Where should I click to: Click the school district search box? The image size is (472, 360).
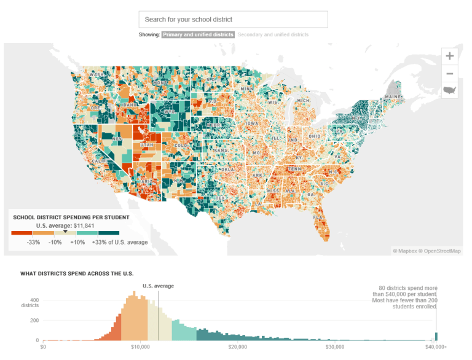coord(233,19)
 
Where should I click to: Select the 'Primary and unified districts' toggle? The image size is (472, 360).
coord(198,35)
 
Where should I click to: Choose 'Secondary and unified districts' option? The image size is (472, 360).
coord(273,35)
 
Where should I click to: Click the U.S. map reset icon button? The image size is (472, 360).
coord(450,90)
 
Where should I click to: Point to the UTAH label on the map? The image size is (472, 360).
coord(147,145)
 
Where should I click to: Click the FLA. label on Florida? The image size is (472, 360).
coord(318,217)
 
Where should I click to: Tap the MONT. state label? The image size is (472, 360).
coord(160,82)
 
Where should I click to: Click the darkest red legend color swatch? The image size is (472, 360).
coord(22,233)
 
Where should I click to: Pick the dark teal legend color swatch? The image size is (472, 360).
coord(109,233)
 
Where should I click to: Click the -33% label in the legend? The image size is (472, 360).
coord(34,243)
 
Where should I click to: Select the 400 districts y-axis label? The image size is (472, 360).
coord(30,302)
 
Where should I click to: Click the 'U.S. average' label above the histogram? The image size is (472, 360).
coord(158,286)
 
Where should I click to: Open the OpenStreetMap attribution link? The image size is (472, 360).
coord(441,251)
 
